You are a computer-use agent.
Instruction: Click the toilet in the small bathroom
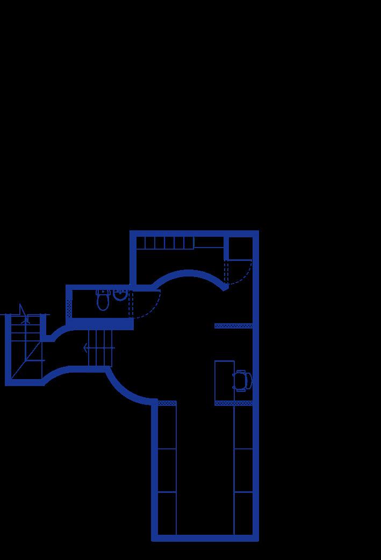pyautogui.click(x=103, y=301)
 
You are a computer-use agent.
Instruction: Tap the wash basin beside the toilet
pyautogui.click(x=120, y=295)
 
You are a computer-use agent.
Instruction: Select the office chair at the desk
pyautogui.click(x=242, y=380)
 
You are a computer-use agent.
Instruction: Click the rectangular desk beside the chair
pyautogui.click(x=224, y=381)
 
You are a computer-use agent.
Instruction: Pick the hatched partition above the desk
pyautogui.click(x=233, y=326)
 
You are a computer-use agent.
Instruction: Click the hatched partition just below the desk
pyautogui.click(x=233, y=403)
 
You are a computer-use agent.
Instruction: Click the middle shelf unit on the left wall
pyautogui.click(x=167, y=470)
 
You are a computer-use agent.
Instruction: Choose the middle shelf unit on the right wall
pyautogui.click(x=243, y=470)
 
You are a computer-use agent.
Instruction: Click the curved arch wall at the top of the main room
pyautogui.click(x=188, y=273)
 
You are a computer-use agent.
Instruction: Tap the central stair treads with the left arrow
pyautogui.click(x=100, y=348)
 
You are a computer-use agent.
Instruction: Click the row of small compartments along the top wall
pyautogui.click(x=164, y=243)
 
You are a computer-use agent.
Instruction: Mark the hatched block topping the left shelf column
pyautogui.click(x=167, y=403)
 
